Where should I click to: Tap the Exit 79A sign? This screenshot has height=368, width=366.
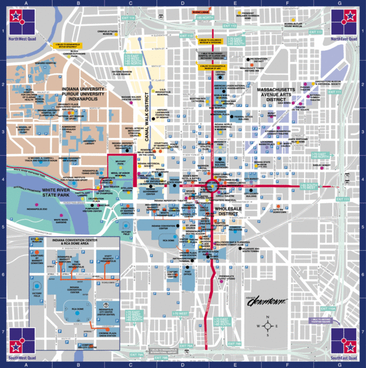tap(136, 355)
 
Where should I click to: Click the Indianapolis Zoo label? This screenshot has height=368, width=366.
tap(37, 209)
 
